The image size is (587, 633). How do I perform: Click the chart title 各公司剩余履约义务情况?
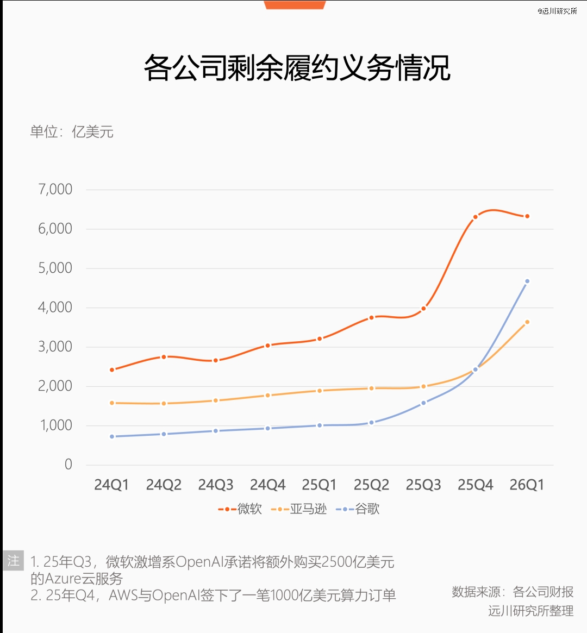(x=297, y=68)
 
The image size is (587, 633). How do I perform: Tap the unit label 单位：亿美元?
(x=72, y=132)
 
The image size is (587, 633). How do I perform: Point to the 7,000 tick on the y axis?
(x=55, y=189)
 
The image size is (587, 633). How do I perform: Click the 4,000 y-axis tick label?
(x=55, y=307)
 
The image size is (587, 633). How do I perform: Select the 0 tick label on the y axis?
(x=68, y=464)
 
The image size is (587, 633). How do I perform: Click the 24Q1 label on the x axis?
(x=111, y=485)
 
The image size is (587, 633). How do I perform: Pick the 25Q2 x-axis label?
(x=371, y=485)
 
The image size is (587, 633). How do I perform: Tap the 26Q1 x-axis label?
(x=527, y=485)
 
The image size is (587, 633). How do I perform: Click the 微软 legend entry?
(x=240, y=509)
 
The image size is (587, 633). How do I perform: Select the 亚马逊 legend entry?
(x=299, y=509)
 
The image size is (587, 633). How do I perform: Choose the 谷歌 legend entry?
(x=358, y=509)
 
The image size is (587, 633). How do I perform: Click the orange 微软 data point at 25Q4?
(x=475, y=217)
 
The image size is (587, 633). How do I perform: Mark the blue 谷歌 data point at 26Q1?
(x=527, y=281)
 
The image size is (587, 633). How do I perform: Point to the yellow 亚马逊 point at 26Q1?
(x=527, y=322)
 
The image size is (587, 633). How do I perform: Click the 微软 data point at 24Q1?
(x=112, y=370)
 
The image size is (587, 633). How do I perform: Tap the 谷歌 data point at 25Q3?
(x=423, y=403)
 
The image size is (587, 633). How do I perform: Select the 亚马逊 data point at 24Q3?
(x=216, y=400)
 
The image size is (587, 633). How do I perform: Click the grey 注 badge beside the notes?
(x=14, y=560)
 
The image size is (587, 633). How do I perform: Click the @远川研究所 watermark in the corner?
(x=557, y=11)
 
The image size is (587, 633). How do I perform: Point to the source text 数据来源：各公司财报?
(x=513, y=592)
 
